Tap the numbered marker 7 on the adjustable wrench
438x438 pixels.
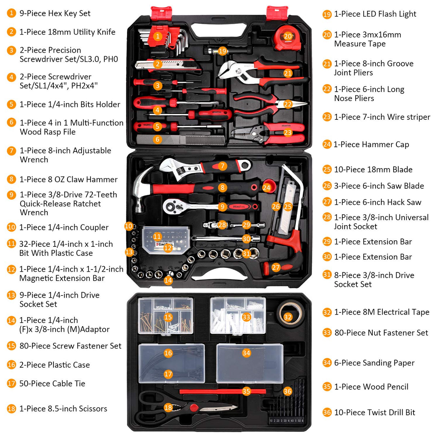pos(222,166)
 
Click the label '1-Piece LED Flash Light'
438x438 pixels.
pos(375,14)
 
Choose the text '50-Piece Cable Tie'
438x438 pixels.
pos(52,384)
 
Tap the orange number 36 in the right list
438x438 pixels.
pos(327,412)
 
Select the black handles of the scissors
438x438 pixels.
pos(152,406)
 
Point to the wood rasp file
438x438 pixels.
pos(180,140)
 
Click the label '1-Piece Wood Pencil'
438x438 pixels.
pos(371,387)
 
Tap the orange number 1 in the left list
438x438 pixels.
pos(12,13)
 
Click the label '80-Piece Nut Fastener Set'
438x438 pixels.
pos(381,333)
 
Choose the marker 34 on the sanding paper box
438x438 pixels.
pos(246,353)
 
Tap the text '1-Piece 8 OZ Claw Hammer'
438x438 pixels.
pos(68,179)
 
